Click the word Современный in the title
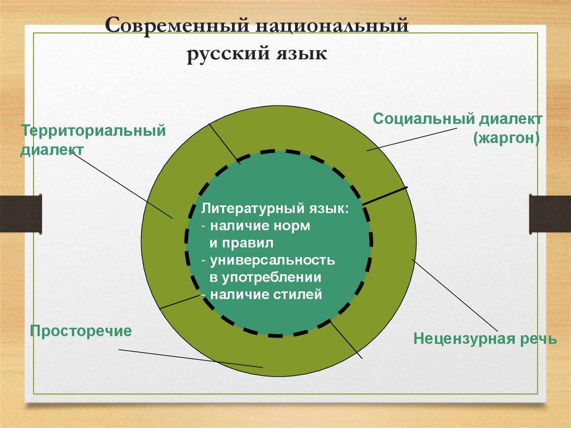click(175, 27)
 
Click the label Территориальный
click(94, 131)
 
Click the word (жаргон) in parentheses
click(506, 138)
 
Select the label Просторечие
click(81, 331)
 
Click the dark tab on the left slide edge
click(21, 214)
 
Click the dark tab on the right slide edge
click(550, 214)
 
